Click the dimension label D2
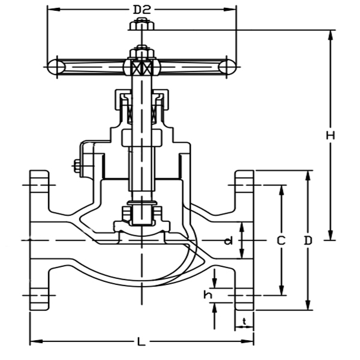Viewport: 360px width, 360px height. point(141,10)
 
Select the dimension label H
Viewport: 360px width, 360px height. point(330,136)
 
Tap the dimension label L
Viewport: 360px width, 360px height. point(141,342)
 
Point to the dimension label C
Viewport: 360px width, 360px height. point(280,241)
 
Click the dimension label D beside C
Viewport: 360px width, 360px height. point(308,241)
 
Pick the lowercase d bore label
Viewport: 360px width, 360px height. point(228,241)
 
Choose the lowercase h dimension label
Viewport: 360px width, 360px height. point(208,295)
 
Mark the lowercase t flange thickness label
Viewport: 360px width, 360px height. point(244,322)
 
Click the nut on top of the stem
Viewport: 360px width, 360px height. point(142,25)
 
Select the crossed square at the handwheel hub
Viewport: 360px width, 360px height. point(142,67)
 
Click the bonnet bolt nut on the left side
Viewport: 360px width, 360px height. point(77,166)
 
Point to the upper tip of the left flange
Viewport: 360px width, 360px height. point(39,172)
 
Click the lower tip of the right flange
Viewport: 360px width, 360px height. point(244,308)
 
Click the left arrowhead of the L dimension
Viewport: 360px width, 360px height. point(32,342)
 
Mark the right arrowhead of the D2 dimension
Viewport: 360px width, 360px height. point(233,10)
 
